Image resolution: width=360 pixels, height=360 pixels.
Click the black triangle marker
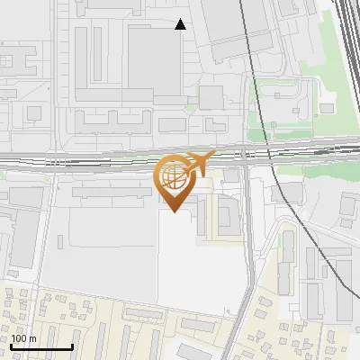[x=181, y=24]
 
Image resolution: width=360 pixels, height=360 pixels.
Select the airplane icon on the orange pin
[x=199, y=163]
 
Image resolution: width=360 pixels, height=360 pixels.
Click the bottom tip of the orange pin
[x=175, y=212]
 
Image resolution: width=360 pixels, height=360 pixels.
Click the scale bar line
[x=41, y=347]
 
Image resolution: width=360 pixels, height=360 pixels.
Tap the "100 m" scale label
[x=24, y=338]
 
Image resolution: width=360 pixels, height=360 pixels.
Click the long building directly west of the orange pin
[x=108, y=191]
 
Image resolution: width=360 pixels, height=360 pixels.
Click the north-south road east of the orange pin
[x=245, y=234]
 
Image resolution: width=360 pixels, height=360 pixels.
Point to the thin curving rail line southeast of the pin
[x=301, y=225]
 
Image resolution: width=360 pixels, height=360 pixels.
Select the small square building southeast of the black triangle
[x=211, y=96]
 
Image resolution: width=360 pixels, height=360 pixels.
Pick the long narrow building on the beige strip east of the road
[x=287, y=261]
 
